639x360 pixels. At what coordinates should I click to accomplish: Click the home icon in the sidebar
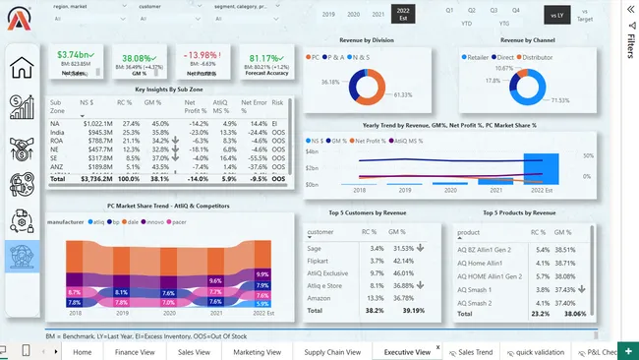click(22, 68)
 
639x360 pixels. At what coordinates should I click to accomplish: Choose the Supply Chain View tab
click(331, 351)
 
